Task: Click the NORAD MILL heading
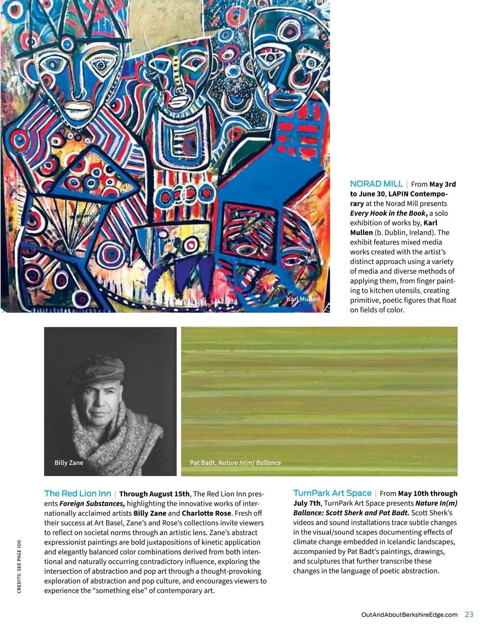pos(376,184)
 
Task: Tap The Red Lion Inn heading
pos(77,493)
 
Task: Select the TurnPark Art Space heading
pos(332,493)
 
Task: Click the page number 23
pos(469,614)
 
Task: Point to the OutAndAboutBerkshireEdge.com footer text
pos(409,615)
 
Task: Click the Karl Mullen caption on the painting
pos(303,299)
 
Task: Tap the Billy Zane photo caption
pos(69,463)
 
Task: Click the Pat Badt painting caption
pos(235,463)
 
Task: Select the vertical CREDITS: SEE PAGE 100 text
pos(19,567)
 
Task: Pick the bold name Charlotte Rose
pos(206,513)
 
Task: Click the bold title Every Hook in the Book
pos(388,213)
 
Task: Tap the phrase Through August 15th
pos(154,494)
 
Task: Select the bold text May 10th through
pos(428,493)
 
